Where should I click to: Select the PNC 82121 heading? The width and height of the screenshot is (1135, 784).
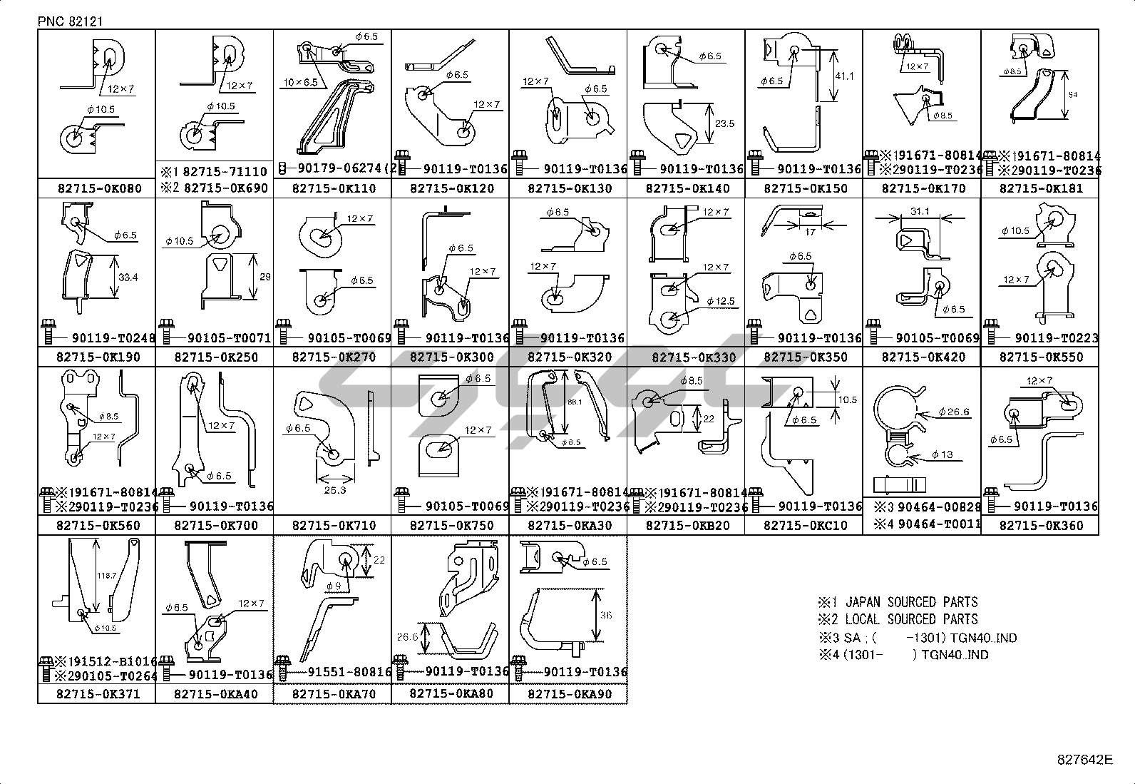coord(71,21)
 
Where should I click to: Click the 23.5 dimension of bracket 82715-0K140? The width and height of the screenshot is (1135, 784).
coord(724,123)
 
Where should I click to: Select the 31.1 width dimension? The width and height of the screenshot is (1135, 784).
coord(920,212)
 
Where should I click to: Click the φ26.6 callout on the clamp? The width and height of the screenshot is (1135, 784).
coord(954,412)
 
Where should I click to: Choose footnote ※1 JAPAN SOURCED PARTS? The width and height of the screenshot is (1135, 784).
coord(898,602)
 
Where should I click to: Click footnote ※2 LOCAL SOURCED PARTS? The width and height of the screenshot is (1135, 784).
coord(898,619)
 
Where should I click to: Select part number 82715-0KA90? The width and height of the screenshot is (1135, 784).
coord(567,694)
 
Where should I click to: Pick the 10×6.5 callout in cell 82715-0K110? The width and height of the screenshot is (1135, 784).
coord(300,83)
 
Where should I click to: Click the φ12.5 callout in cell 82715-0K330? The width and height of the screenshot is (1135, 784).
coord(720,301)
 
